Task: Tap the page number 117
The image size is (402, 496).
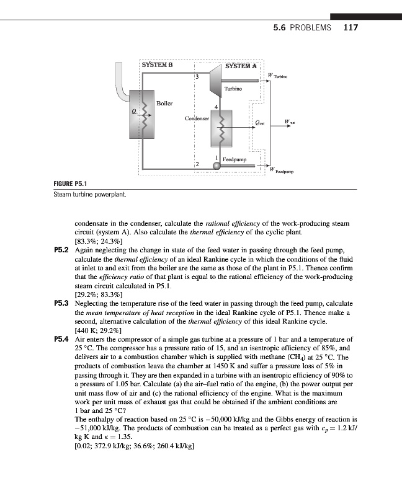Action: click(x=351, y=27)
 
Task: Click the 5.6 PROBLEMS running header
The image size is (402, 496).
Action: click(x=302, y=27)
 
